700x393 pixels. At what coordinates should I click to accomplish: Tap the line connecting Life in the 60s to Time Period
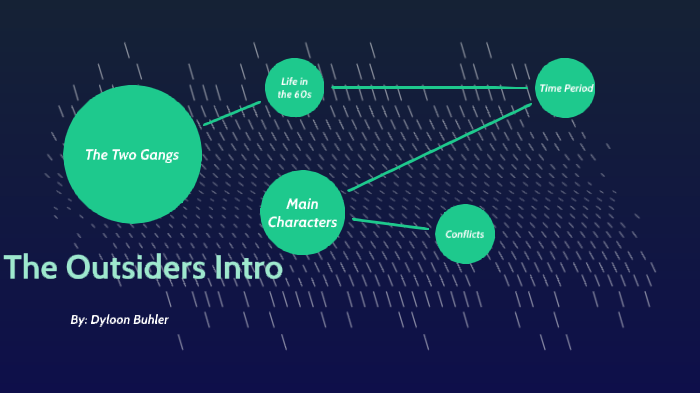coord(430,88)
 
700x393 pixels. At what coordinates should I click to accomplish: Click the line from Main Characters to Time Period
coord(440,146)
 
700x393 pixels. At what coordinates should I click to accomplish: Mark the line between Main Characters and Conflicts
coord(390,224)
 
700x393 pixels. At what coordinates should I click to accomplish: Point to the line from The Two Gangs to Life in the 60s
coord(232,112)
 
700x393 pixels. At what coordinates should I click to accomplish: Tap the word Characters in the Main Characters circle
coord(302,222)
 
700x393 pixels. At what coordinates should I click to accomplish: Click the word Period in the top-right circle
coord(578,88)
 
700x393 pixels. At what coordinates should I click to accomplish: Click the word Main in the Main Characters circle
coord(302,204)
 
